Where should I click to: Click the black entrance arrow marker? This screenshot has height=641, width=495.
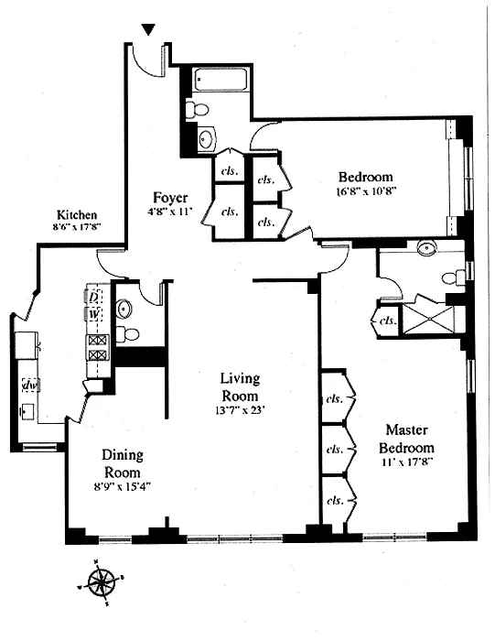pos(148,29)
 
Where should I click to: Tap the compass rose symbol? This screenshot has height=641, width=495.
pos(101,582)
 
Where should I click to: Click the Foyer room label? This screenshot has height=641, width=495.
pos(170,198)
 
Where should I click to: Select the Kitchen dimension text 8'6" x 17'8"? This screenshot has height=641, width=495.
pos(77,227)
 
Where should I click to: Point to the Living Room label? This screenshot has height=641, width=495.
pos(240,386)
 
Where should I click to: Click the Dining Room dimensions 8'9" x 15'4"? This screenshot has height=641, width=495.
pos(122,486)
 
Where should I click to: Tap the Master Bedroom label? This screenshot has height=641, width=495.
pos(406,439)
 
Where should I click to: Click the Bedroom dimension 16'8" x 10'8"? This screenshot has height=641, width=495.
pos(366,191)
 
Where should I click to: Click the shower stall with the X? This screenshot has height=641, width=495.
pos(428,320)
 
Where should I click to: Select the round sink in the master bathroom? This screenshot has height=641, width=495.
pos(427,248)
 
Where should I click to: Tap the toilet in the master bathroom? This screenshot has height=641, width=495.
pos(453,278)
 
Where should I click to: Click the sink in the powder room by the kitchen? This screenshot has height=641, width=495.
pos(124,309)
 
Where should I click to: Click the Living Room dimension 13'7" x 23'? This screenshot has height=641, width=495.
pos(240,411)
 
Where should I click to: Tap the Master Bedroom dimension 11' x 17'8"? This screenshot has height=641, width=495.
pos(406,462)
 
